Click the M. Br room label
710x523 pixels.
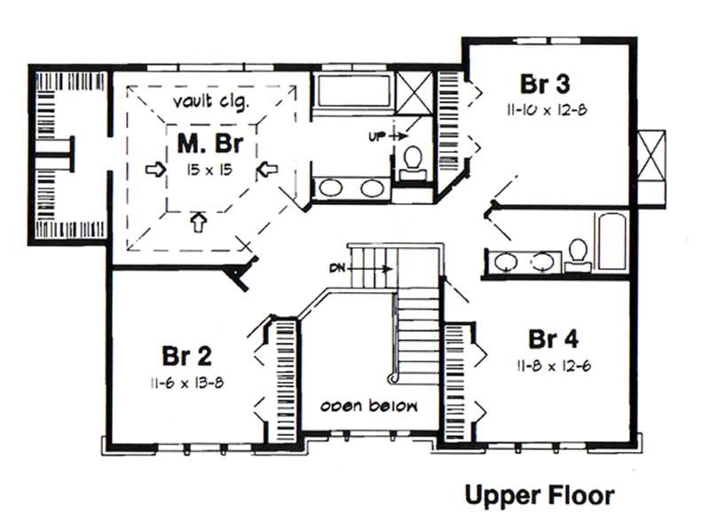pos(210,144)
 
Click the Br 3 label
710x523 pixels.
pos(544,85)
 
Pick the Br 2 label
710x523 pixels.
pos(185,357)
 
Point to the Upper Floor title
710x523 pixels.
pos(539,495)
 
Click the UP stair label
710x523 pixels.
pos(376,137)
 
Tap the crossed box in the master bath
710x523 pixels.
pos(413,92)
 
